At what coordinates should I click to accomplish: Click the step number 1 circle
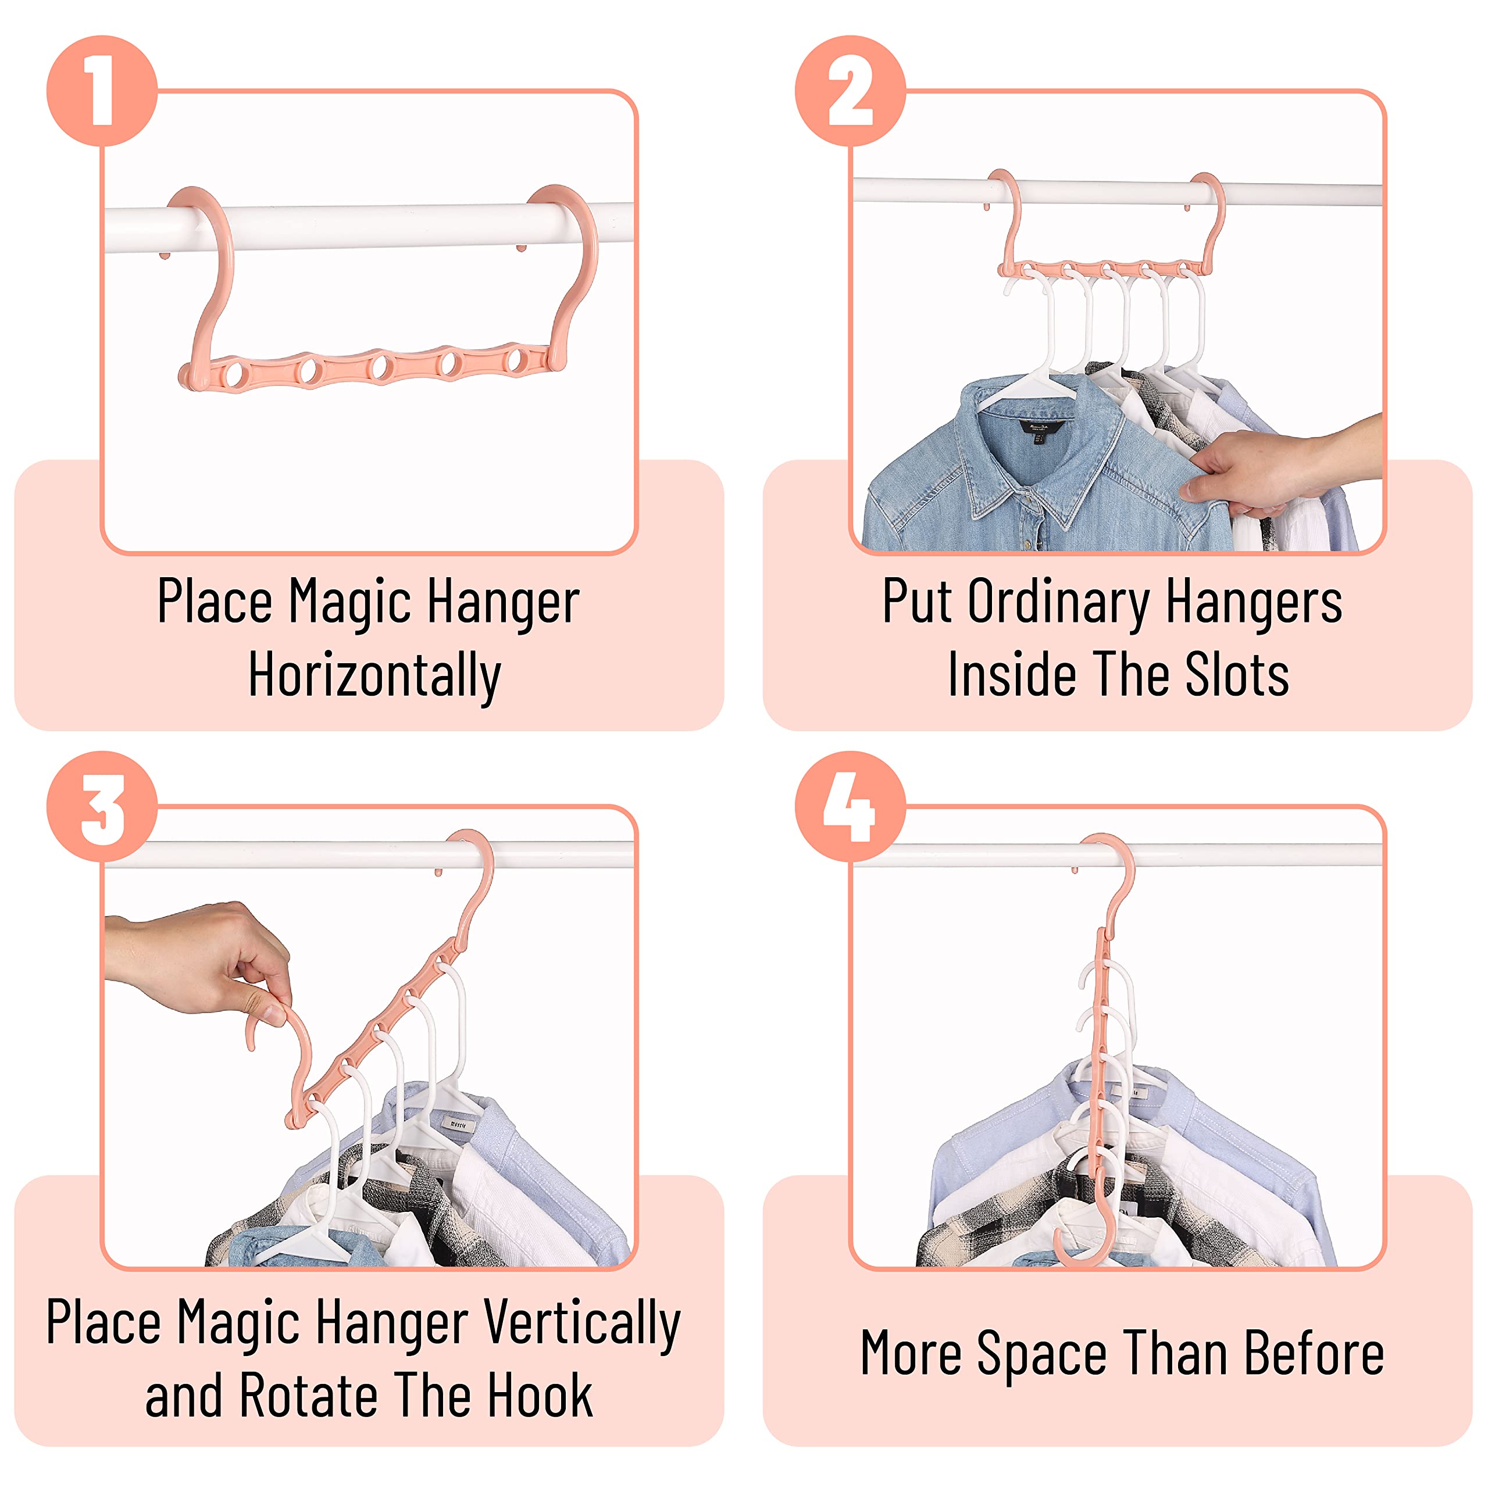102,91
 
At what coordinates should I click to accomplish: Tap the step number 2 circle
850,91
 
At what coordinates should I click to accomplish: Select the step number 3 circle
102,806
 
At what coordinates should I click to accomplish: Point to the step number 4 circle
850,806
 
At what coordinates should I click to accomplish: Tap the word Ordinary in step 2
1059,602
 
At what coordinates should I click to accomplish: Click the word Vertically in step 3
583,1323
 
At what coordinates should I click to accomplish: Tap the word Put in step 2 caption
919,601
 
